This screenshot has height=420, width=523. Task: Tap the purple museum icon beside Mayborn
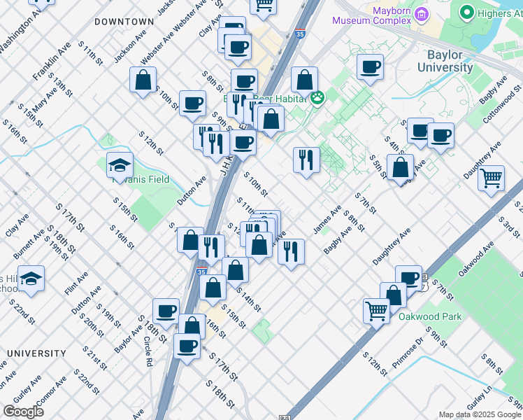pos(421,14)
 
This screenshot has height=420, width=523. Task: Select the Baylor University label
pos(454,61)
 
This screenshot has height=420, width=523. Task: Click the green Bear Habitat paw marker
pos(318,97)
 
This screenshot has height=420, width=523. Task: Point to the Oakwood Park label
pos(430,316)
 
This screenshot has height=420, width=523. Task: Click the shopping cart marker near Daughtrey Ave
pos(492,176)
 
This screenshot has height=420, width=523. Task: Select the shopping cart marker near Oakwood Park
pos(376,309)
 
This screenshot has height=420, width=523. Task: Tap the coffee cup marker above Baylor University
pos(370,67)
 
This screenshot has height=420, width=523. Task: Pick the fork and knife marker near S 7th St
pos(306,160)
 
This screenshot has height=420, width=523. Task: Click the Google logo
pos(23,412)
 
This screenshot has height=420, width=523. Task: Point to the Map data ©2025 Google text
pos(480,414)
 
